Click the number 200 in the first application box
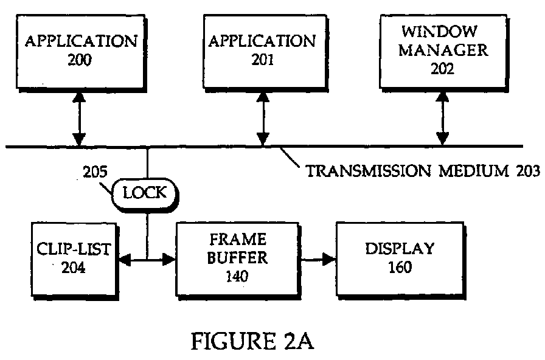[80, 60]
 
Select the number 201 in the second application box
[262, 60]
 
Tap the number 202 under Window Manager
[442, 69]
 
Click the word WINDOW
[439, 32]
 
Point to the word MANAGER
[443, 50]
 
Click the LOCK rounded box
[145, 194]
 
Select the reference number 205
[95, 171]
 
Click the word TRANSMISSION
[369, 171]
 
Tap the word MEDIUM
[474, 171]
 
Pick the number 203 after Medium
[528, 171]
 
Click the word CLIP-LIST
[74, 249]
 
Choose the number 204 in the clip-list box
[74, 267]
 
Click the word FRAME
[238, 240]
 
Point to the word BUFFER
[237, 258]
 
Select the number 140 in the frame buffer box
[237, 276]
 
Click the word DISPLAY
[400, 249]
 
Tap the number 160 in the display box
[400, 267]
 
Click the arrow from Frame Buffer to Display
[318, 259]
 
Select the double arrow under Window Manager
[442, 118]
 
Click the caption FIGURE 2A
[252, 341]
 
